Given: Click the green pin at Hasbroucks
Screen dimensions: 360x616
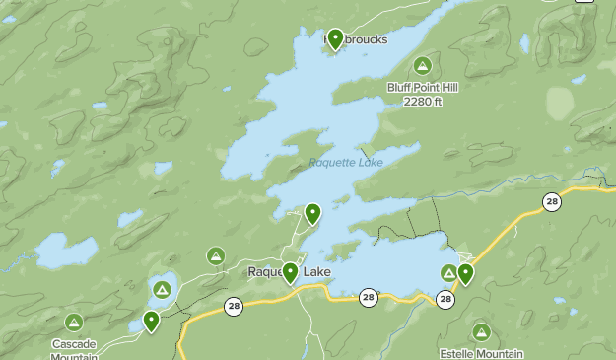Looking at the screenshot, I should click(x=335, y=38).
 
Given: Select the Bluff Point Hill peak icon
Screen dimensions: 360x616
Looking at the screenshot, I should click(x=422, y=66).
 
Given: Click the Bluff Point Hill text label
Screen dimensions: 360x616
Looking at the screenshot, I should click(x=422, y=87).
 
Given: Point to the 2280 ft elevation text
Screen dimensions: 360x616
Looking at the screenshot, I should click(x=422, y=100).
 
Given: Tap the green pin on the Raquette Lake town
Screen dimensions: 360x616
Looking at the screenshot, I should click(x=291, y=272).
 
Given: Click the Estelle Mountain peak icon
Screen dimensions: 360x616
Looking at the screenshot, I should click(x=481, y=331).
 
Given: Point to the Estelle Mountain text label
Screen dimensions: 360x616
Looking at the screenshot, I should click(x=481, y=353).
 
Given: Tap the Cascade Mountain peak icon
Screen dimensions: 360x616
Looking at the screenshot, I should click(x=74, y=323).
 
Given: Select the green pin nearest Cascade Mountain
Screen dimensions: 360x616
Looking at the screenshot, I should click(x=151, y=321).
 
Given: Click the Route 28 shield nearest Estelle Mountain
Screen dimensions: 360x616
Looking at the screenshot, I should click(x=445, y=299).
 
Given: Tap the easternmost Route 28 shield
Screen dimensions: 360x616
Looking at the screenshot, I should click(x=551, y=202).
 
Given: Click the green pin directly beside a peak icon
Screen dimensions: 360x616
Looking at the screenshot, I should click(x=465, y=273).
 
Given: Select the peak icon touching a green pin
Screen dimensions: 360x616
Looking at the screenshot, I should click(x=448, y=273).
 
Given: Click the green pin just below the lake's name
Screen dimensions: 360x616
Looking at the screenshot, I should click(x=312, y=213).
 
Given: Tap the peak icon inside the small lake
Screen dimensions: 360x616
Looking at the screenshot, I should click(x=162, y=289).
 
